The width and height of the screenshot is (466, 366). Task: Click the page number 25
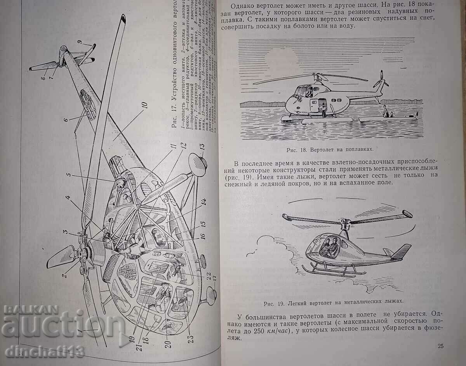coord(440,346)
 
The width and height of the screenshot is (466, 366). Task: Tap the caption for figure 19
coord(332,301)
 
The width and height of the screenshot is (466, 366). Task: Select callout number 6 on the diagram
coord(66,119)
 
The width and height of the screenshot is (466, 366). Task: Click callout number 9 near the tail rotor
coord(80,42)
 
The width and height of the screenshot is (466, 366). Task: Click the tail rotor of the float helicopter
coord(381,80)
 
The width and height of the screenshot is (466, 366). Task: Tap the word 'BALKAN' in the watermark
coord(31,309)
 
